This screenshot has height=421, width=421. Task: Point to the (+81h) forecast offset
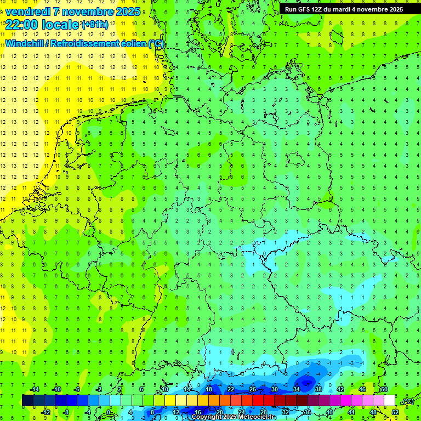tap(94, 24)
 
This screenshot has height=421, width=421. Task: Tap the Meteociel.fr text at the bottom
tap(258, 417)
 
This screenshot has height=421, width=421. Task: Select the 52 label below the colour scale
tap(395, 412)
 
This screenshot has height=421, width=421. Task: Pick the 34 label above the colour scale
tap(297, 389)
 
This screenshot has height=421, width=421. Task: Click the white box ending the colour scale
tap(390, 401)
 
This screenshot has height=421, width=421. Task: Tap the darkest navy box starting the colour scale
tap(28, 401)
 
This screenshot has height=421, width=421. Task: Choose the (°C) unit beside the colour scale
tap(408, 401)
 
